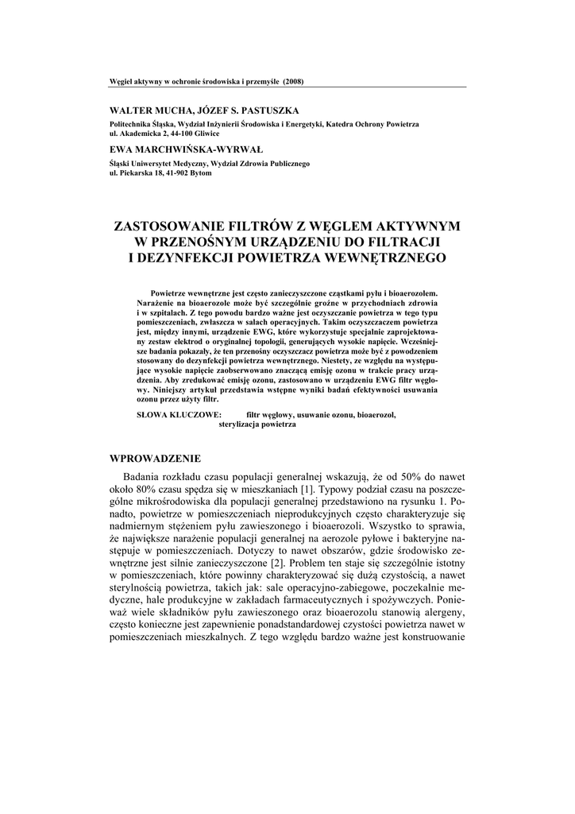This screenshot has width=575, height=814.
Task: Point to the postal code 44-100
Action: pyautogui.click(x=174, y=134)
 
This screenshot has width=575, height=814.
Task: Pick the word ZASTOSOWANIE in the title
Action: pyautogui.click(x=178, y=226)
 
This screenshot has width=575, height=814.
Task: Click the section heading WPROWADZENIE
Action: pyautogui.click(x=155, y=459)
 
